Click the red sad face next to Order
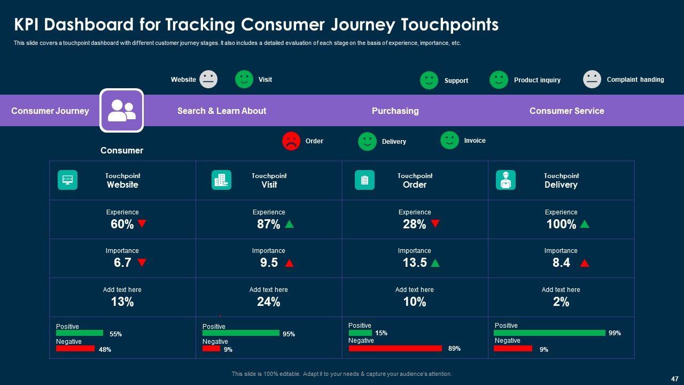pyautogui.click(x=291, y=141)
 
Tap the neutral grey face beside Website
pyautogui.click(x=208, y=79)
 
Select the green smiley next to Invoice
pyautogui.click(x=449, y=141)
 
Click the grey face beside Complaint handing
pyautogui.click(x=592, y=80)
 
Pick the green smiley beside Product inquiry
pyautogui.click(x=499, y=80)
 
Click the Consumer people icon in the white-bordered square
pyautogui.click(x=121, y=110)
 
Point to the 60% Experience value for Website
pyautogui.click(x=122, y=225)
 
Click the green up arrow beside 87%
pyautogui.click(x=289, y=224)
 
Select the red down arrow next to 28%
pyautogui.click(x=436, y=224)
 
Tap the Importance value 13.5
pyautogui.click(x=415, y=263)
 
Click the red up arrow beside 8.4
pyautogui.click(x=585, y=263)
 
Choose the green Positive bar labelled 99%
pyautogui.click(x=549, y=333)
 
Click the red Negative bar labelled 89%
pyautogui.click(x=395, y=349)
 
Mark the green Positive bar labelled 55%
pyautogui.click(x=80, y=333)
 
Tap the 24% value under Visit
pyautogui.click(x=268, y=302)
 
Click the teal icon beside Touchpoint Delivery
pyautogui.click(x=506, y=180)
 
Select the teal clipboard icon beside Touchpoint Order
pyautogui.click(x=364, y=180)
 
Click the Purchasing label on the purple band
pyautogui.click(x=395, y=111)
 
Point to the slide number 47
pyautogui.click(x=674, y=378)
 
